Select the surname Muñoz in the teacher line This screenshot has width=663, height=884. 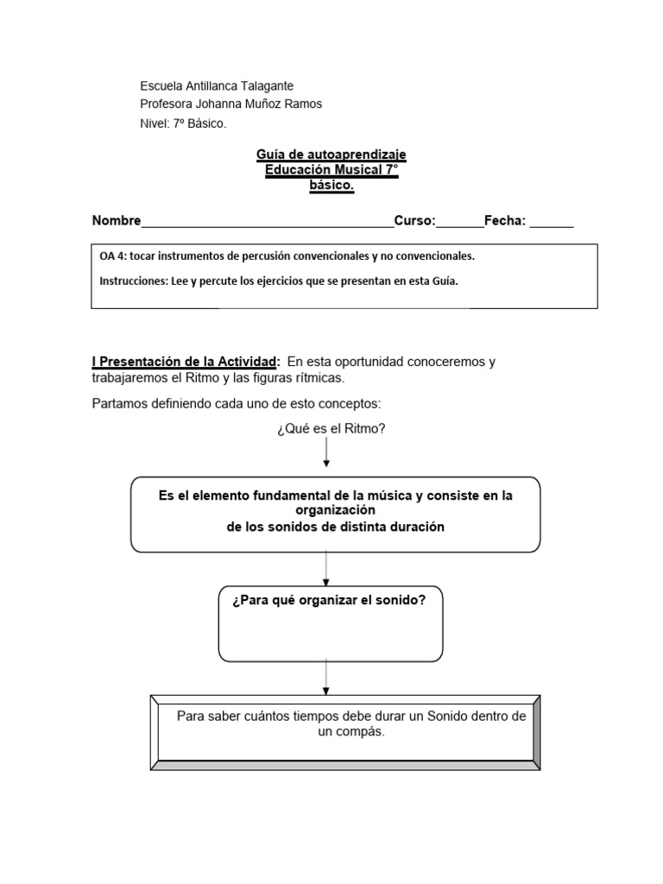tap(267, 104)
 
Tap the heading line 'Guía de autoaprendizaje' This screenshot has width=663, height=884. tap(331, 155)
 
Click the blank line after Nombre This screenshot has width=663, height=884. tap(267, 222)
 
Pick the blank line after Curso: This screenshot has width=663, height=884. tap(459, 222)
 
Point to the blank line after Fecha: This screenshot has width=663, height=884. tap(551, 222)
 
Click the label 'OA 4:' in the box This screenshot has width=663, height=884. tap(112, 256)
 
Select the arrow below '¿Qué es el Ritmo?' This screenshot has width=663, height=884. tap(325, 452)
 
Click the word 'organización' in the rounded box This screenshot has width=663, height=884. tap(336, 509)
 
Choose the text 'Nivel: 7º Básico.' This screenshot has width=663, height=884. tap(183, 123)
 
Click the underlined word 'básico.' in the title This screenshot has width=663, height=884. tap(331, 186)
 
